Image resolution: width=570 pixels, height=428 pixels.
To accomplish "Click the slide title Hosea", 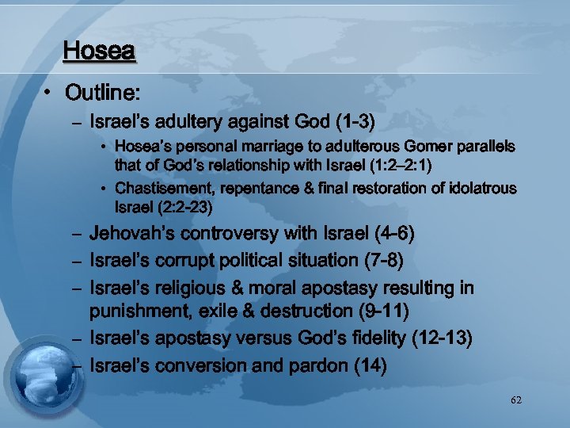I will pos(100,52).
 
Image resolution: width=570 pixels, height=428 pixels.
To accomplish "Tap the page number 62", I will pos(516,400).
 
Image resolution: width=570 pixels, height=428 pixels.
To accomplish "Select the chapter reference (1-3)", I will pos(355,123).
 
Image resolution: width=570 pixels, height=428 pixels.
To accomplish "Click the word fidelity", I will pos(370,339).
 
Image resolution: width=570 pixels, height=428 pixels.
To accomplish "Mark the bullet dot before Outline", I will pos(48,95).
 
